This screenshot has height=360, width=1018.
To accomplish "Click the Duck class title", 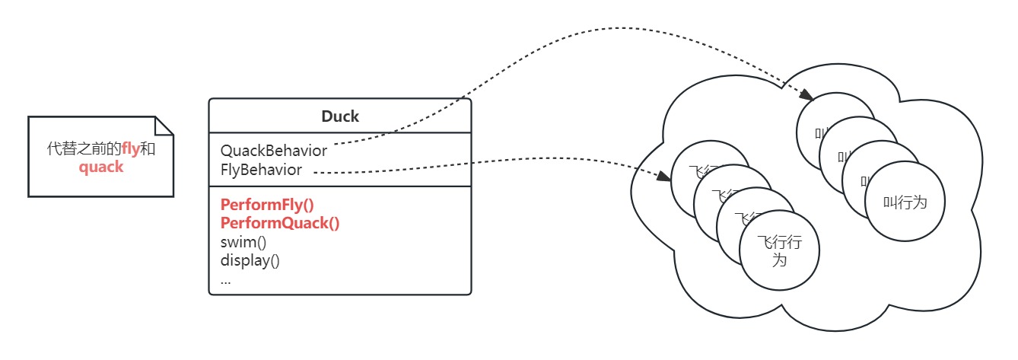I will [x=340, y=116].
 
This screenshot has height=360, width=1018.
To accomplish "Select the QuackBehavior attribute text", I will [x=274, y=151].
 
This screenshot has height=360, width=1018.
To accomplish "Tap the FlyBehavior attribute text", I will [x=261, y=170].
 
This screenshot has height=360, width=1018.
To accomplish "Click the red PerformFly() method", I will [x=267, y=205].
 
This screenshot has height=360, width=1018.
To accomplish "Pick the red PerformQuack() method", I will [x=280, y=223].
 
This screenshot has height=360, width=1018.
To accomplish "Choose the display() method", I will [x=250, y=260].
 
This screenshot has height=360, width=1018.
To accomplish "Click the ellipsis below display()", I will [x=225, y=279].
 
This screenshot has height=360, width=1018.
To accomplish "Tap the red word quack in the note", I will [x=100, y=167].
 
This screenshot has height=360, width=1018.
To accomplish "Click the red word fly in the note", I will [x=131, y=149].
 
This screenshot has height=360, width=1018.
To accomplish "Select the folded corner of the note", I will [x=165, y=126].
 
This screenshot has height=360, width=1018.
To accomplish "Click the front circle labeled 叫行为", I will [x=905, y=202].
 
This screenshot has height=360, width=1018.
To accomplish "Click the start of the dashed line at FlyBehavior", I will [x=316, y=173].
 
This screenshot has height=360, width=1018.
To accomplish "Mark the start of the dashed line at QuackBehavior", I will [x=336, y=144].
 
